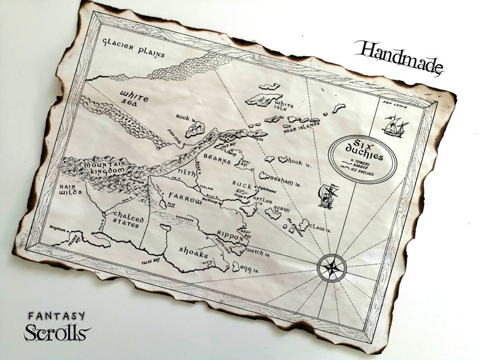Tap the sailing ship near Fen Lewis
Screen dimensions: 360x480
[x=395, y=126]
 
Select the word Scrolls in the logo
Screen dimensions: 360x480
[x=57, y=333]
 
